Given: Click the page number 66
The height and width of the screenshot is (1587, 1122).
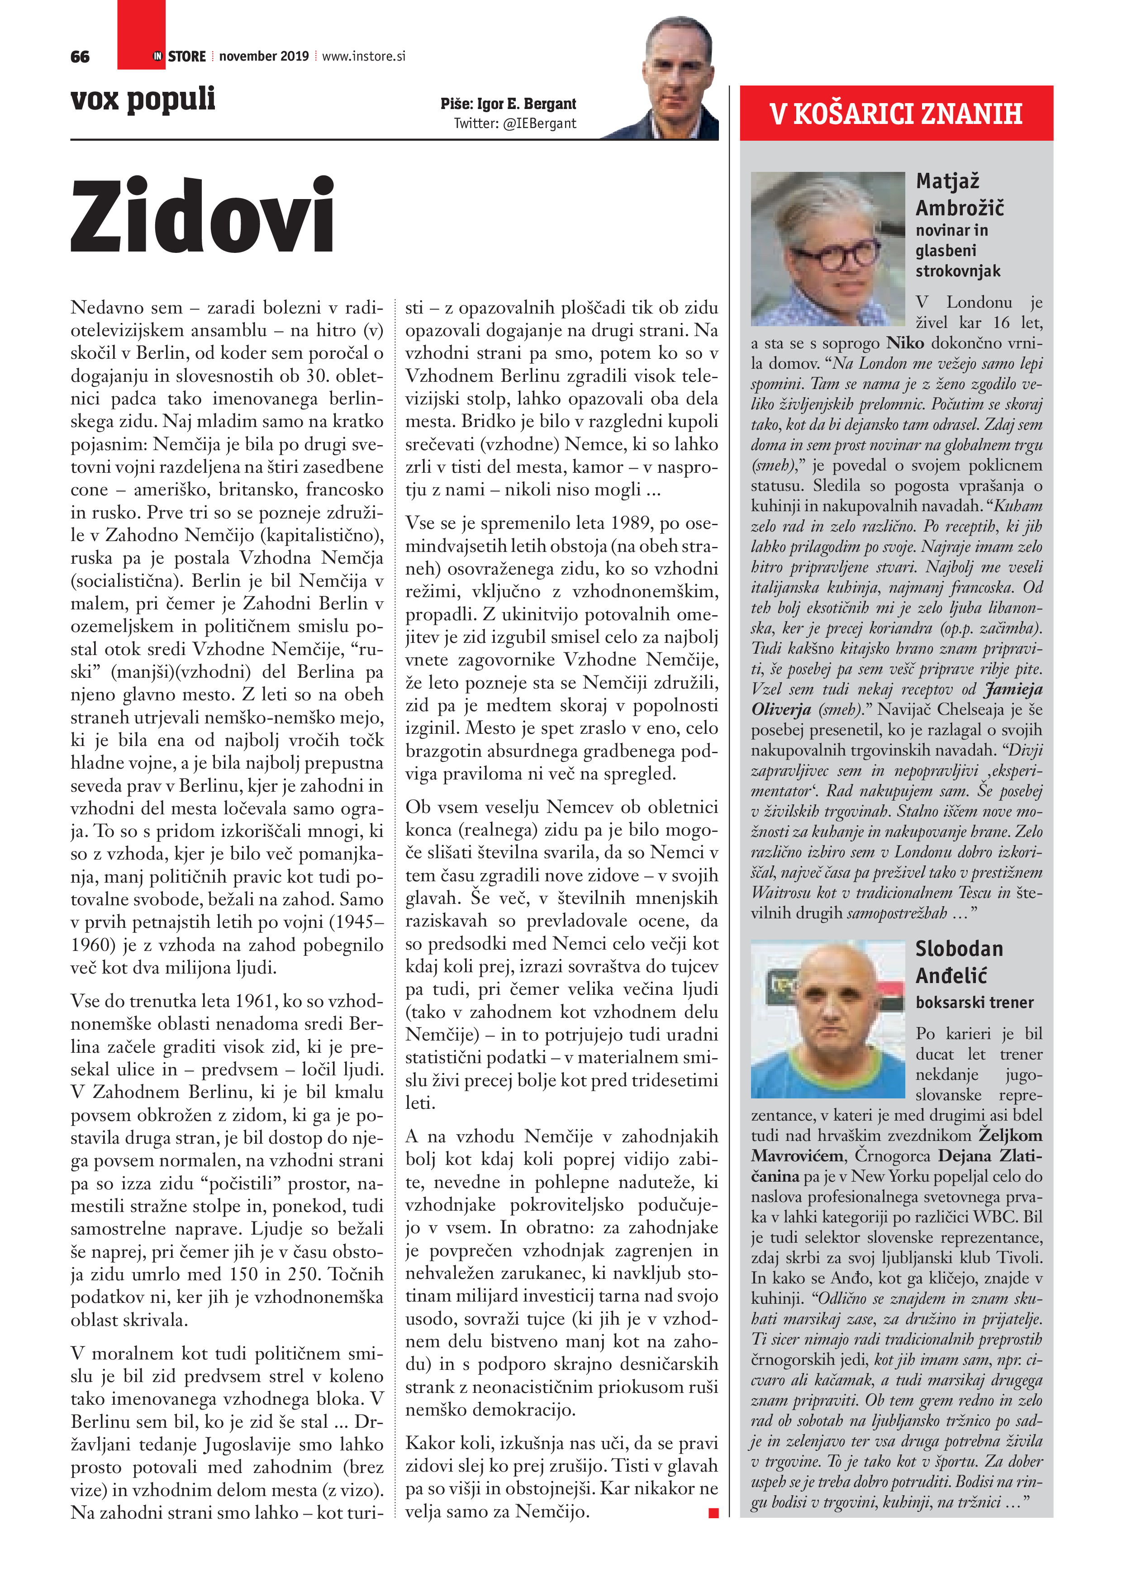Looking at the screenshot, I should [80, 57].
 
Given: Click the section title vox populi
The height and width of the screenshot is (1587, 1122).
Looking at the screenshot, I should [143, 99].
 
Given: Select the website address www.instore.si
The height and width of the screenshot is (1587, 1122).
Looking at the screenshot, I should [364, 57].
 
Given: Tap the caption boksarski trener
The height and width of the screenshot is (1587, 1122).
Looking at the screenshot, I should [974, 1002].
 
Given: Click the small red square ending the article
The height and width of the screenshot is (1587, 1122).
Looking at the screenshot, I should [713, 1513].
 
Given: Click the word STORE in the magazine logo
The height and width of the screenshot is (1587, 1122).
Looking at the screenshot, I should [187, 57].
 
